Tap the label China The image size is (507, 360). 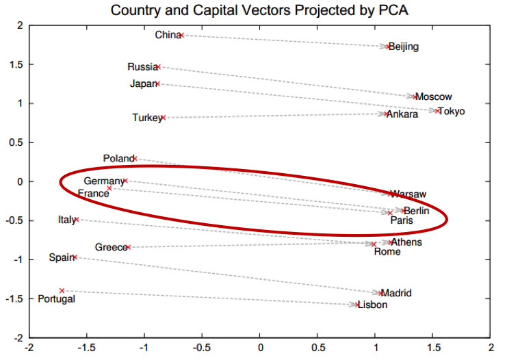pyautogui.click(x=166, y=35)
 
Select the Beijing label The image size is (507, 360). pyautogui.click(x=404, y=47)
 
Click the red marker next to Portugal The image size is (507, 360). pyautogui.click(x=62, y=291)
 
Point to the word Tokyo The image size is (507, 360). pyautogui.click(x=452, y=112)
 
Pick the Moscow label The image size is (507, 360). pyautogui.click(x=434, y=97)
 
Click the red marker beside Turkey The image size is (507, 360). pyautogui.click(x=163, y=118)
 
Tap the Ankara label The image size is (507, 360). pyautogui.click(x=402, y=114)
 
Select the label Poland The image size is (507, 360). pyautogui.click(x=118, y=159)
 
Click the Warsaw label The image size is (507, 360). pyautogui.click(x=408, y=194)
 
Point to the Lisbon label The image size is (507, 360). pyautogui.click(x=372, y=305)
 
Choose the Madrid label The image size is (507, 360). pyautogui.click(x=397, y=294)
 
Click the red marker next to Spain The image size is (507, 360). pyautogui.click(x=75, y=257)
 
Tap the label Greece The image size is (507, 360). pyautogui.click(x=109, y=247)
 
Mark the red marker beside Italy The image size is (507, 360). pyautogui.click(x=77, y=220)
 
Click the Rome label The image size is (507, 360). pyautogui.click(x=387, y=252)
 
